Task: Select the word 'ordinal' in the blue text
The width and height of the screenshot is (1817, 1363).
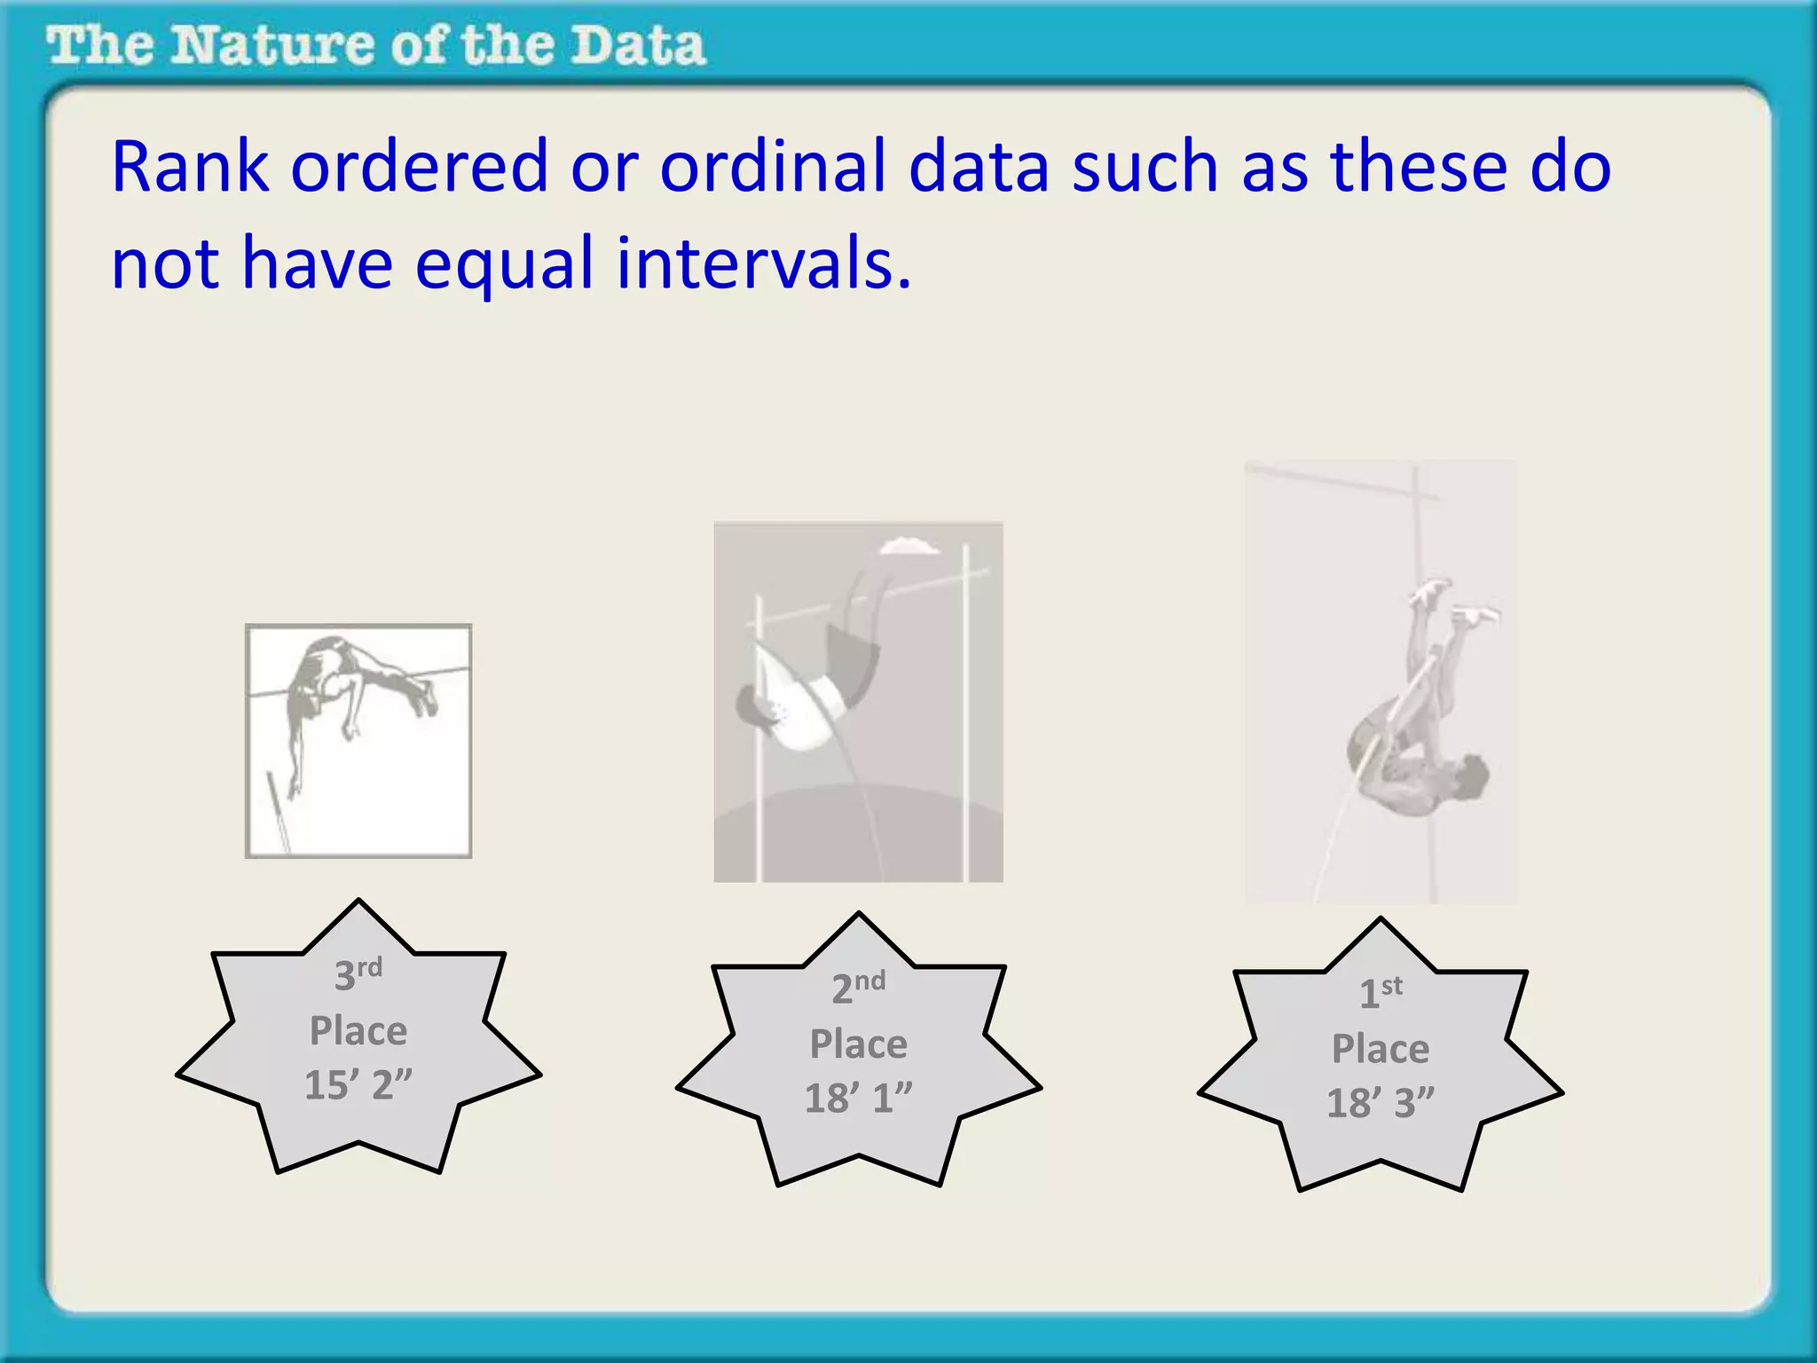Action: [x=773, y=167]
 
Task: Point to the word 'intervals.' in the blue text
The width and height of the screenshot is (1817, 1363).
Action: [x=764, y=264]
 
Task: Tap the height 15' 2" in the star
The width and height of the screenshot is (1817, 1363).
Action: [x=358, y=1084]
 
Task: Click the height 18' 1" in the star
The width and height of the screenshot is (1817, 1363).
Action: [x=858, y=1098]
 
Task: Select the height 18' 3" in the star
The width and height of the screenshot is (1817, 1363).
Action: [x=1380, y=1103]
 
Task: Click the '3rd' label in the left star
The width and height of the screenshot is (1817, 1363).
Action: [x=358, y=973]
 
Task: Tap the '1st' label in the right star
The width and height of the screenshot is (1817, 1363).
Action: [x=1380, y=991]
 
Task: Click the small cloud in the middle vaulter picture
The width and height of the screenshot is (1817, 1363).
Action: [x=908, y=547]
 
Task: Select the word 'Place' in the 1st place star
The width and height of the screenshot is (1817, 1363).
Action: [x=1380, y=1049]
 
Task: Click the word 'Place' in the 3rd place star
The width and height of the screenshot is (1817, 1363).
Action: [x=358, y=1031]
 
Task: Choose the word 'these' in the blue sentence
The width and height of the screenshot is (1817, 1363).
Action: [x=1419, y=167]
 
